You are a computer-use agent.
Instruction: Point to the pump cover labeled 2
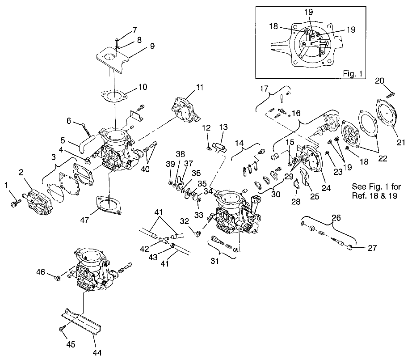[x=38, y=203]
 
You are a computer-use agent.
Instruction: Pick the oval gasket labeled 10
[x=114, y=95]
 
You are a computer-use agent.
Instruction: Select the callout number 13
[x=223, y=127]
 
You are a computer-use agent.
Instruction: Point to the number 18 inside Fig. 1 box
[x=273, y=27]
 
